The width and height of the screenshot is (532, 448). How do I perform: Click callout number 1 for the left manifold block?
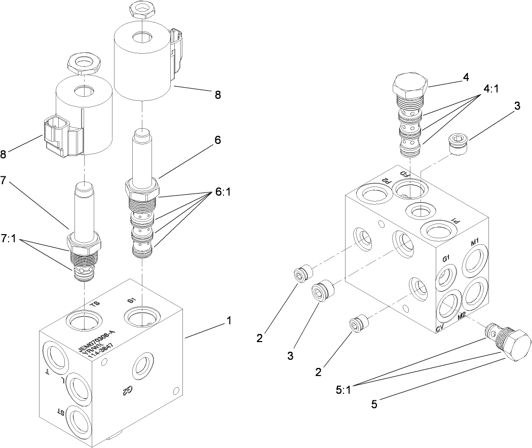click(x=229, y=320)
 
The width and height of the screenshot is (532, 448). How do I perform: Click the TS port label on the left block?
click(x=95, y=304)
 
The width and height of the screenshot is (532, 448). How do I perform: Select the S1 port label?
click(x=132, y=301)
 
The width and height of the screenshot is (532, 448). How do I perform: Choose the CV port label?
click(x=440, y=329)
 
